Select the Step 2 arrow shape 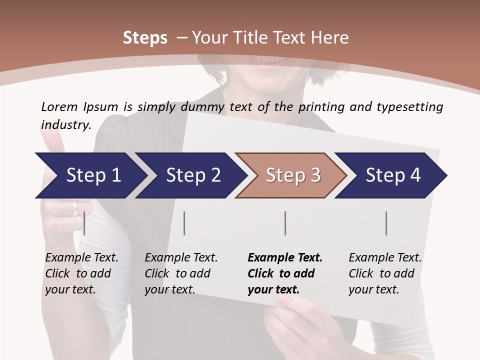point(190,175)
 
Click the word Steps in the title point(145,38)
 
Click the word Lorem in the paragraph point(59,106)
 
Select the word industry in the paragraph point(66,124)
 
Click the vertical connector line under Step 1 point(84,223)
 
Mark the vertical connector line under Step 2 point(184,223)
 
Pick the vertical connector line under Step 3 point(285,223)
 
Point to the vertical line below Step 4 point(386,223)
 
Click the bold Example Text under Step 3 point(285,258)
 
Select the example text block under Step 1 point(81,273)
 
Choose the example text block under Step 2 point(181,273)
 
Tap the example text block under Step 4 point(385,273)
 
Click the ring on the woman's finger point(75,207)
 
